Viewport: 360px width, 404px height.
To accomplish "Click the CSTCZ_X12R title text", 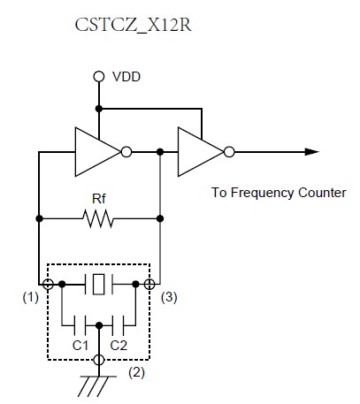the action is coord(133,26).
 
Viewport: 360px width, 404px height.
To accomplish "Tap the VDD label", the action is coord(126,77).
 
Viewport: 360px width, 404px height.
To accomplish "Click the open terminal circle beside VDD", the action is coord(99,77).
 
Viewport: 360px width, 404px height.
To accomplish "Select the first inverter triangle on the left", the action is coord(98,152).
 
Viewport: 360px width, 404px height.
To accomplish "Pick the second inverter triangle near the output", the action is coord(201,152).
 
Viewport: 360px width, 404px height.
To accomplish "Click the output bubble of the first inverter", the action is coord(126,152).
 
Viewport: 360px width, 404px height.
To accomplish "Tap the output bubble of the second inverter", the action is coord(229,152).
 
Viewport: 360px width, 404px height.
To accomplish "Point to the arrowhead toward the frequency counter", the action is coord(312,152).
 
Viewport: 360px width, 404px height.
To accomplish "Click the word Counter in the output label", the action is coord(322,193).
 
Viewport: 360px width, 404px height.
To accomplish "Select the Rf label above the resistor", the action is coord(99,199).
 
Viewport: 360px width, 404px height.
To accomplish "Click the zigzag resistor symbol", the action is coord(97,218).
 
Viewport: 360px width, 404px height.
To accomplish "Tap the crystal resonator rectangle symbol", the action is coord(98,285).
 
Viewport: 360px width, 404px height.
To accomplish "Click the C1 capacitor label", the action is coord(80,346).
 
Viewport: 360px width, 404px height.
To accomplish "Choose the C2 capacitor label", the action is coord(119,346).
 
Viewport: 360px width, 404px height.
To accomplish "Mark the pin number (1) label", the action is coord(31,298).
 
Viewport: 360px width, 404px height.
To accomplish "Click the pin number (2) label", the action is coord(136,373).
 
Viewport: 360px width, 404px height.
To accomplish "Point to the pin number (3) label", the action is coord(169,298).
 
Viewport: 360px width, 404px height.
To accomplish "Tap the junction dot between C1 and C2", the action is coord(99,325).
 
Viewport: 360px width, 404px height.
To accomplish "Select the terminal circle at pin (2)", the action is coord(99,360).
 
